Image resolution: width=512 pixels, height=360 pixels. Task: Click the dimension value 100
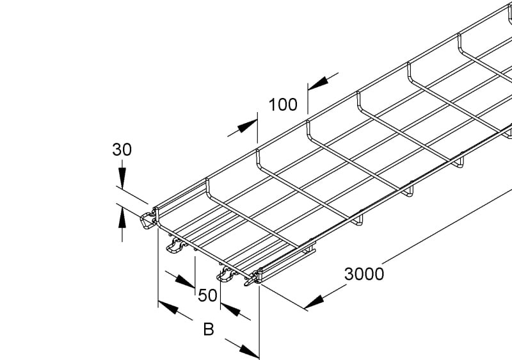[x=283, y=104]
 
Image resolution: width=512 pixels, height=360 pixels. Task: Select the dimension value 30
[x=122, y=150]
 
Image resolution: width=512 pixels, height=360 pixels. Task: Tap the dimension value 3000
[x=364, y=274]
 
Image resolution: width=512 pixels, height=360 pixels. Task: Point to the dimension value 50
[x=207, y=295]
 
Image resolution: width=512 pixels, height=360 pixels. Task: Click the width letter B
[x=209, y=329]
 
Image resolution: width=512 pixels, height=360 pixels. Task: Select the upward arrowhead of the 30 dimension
[x=122, y=217]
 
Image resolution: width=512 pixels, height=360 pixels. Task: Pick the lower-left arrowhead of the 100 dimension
[x=247, y=126]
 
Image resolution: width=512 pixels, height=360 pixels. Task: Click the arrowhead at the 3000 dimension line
[x=314, y=303]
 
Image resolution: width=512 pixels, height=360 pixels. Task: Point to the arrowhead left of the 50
[x=185, y=282]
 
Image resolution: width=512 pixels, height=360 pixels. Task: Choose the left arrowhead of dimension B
[x=168, y=307]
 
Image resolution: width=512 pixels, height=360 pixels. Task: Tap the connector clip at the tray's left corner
[x=148, y=220]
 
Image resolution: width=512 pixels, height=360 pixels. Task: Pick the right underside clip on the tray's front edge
[x=227, y=274]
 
